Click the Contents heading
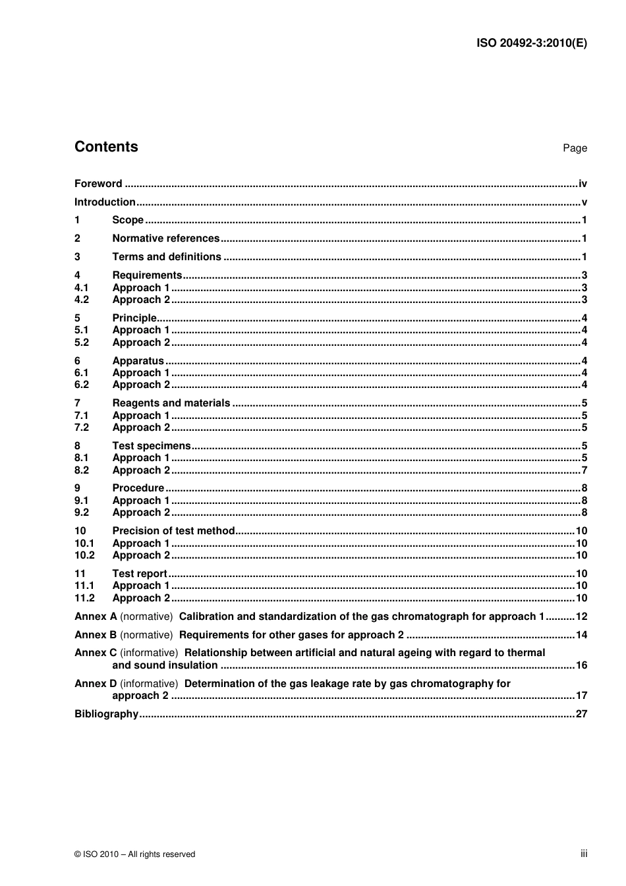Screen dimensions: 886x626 coord(106,147)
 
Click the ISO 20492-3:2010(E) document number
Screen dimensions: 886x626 coord(531,43)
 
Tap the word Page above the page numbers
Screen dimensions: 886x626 coord(575,148)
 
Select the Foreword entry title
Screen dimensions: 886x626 coord(98,184)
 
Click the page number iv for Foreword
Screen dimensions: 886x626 coord(583,184)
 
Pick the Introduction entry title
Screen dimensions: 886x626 coord(105,202)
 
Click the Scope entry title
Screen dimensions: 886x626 coord(128,220)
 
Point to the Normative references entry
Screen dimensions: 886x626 coord(165,238)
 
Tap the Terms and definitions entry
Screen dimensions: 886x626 coord(167,257)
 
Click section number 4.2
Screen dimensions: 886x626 coord(82,300)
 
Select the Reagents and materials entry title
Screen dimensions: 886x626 coord(171,403)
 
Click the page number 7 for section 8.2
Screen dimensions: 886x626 coord(584,470)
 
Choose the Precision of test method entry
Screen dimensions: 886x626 coord(173,531)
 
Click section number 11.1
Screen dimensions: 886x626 coord(84,586)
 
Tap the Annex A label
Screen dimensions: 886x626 coord(96,617)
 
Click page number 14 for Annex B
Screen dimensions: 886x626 coord(581,635)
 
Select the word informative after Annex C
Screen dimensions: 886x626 coord(149,653)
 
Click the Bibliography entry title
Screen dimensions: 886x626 coord(106,714)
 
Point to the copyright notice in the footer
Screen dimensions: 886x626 coord(135,854)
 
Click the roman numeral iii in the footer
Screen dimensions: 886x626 coord(584,854)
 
